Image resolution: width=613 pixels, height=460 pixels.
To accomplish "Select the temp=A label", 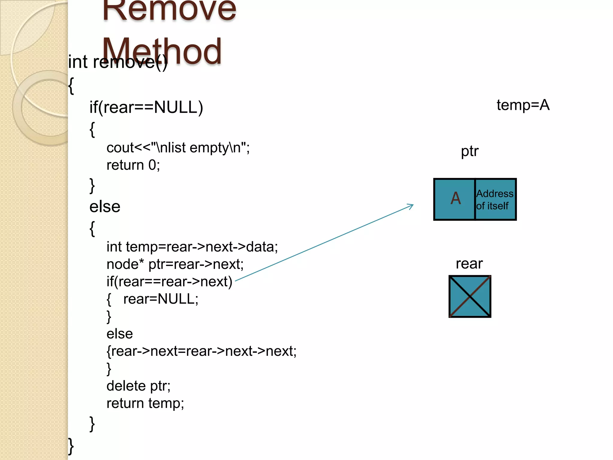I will (523, 105).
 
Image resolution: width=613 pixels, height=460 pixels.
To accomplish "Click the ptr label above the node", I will (469, 151).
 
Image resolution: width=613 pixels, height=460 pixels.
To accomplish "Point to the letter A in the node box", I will (455, 199).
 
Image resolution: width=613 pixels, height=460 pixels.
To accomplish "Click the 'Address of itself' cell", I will (495, 200).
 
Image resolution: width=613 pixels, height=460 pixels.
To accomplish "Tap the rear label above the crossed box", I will (469, 264).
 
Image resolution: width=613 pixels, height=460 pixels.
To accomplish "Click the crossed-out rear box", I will (470, 296).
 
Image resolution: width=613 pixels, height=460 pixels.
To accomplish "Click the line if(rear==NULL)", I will (146, 107).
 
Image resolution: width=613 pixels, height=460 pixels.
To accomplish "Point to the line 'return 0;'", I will (133, 165).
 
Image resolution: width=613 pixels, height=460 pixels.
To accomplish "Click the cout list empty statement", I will (178, 148).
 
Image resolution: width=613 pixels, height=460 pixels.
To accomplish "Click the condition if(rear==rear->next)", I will (169, 282).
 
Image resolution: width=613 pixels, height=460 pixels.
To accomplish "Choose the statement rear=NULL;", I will (161, 299).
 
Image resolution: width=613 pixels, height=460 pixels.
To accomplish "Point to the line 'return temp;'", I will (145, 403).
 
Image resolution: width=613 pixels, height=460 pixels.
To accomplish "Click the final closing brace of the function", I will (71, 446).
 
